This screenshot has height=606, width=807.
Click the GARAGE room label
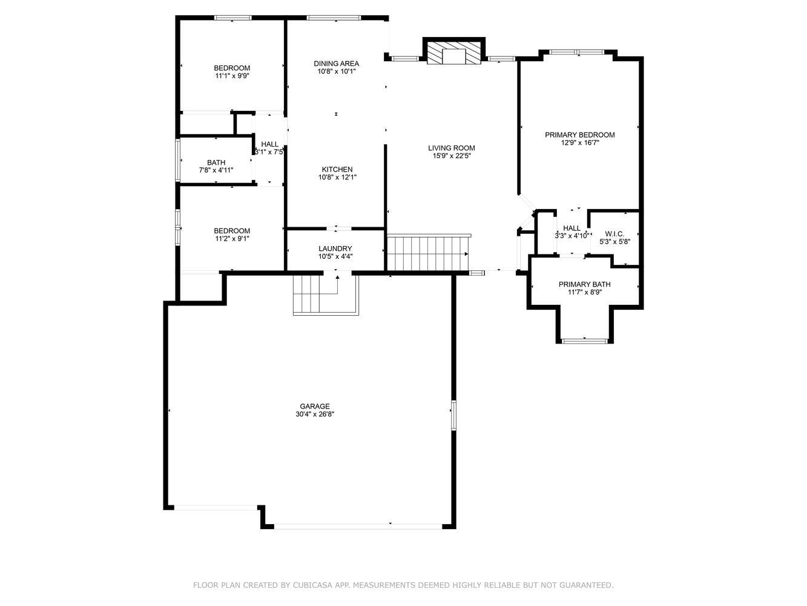coord(314,406)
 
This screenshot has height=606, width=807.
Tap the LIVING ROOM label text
coord(451,148)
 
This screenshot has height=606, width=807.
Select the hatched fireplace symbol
coord(453,53)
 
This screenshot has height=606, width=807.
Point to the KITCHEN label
coord(337,169)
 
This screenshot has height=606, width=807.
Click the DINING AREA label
coord(336,63)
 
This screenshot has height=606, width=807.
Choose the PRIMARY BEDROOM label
coord(579,135)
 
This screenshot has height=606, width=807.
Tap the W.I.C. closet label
coord(614,234)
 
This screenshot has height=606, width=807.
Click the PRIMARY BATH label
coord(584,284)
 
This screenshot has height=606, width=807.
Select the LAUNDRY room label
coord(335,248)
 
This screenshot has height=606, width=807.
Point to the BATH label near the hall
coord(216,162)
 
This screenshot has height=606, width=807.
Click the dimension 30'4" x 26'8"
coord(315,414)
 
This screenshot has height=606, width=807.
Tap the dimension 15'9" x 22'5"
coord(452,156)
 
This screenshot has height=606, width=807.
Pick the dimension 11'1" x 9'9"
coord(232,76)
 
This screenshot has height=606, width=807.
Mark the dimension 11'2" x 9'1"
coord(232,238)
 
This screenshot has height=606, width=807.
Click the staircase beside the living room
coord(428,253)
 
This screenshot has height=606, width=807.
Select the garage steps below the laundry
coord(325,295)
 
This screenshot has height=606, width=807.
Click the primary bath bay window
coord(585,341)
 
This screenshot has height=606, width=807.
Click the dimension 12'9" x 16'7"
coord(580,142)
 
